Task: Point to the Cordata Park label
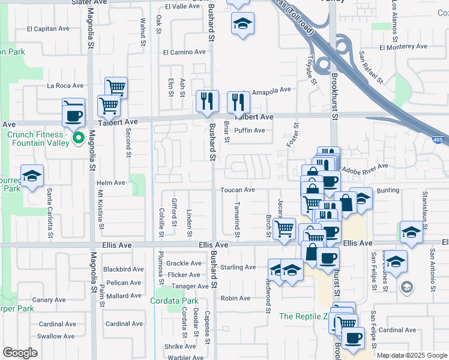(174, 301)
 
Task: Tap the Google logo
(20, 353)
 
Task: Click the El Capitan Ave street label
(49, 28)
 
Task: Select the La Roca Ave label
(65, 86)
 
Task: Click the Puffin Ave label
(250, 130)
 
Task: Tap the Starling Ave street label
(238, 267)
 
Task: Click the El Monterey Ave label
(403, 46)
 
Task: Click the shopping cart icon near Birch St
(283, 228)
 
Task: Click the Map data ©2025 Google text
(412, 355)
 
